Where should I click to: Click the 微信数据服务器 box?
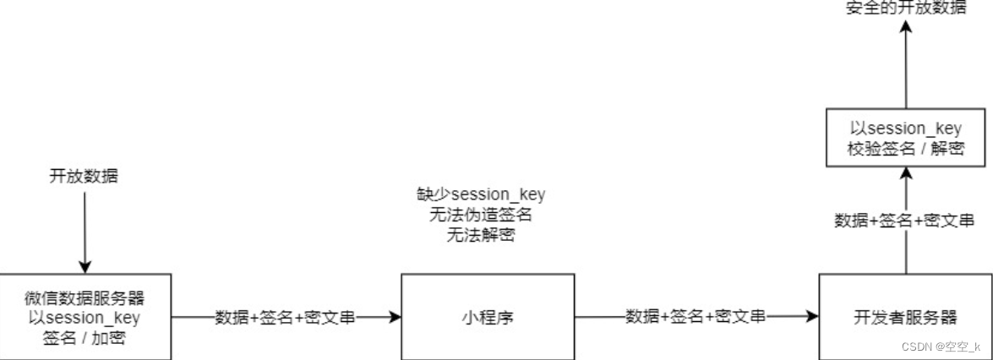[x=85, y=317]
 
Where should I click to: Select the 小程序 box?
[x=488, y=317]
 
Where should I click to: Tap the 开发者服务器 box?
[x=905, y=317]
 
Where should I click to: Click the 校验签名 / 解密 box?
[x=905, y=139]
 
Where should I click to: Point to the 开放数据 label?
[x=85, y=177]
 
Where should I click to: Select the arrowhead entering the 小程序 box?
[x=394, y=318]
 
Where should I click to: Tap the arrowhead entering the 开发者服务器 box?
[x=813, y=318]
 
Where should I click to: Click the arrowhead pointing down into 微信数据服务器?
[x=85, y=266]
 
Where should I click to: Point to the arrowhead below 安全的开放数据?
[x=905, y=29]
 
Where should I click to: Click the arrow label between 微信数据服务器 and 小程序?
[x=285, y=318]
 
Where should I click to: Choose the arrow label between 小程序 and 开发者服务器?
[x=696, y=318]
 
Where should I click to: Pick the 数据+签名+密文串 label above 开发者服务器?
[x=905, y=221]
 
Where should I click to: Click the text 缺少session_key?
[x=481, y=195]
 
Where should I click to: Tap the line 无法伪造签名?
[x=481, y=215]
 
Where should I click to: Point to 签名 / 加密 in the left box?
[x=85, y=336]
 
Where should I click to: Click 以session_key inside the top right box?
[x=905, y=128]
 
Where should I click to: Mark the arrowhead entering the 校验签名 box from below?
[x=905, y=172]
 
